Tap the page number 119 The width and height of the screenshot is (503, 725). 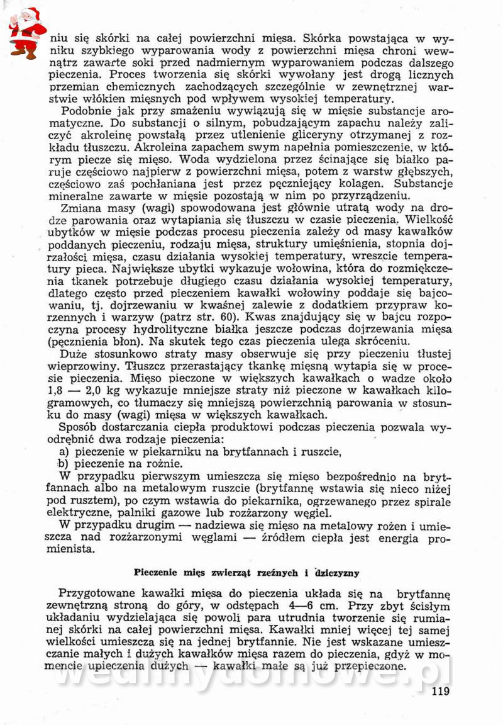click(441, 692)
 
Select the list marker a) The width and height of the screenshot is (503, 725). click(64, 451)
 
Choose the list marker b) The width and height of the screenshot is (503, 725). click(64, 463)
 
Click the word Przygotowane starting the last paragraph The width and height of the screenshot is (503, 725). click(97, 593)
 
